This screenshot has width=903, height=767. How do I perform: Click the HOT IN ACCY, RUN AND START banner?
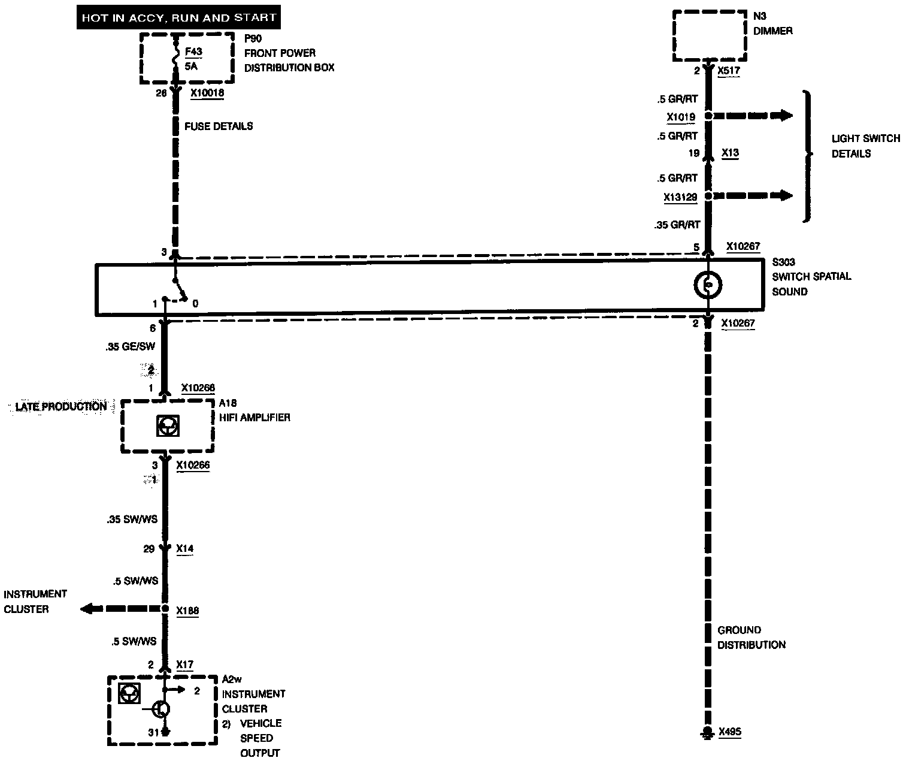(178, 17)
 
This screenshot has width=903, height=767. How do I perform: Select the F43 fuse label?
(193, 52)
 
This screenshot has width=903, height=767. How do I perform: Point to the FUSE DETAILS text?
(219, 126)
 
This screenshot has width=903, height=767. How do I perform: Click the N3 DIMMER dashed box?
(710, 35)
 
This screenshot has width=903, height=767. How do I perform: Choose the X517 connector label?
(729, 71)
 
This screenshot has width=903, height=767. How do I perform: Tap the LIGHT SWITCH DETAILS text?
(864, 146)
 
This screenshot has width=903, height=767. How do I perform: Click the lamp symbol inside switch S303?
(708, 286)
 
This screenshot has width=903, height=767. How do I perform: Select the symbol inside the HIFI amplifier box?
(167, 425)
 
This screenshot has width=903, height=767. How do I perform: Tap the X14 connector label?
(185, 549)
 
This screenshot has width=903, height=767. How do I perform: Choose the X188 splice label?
(187, 611)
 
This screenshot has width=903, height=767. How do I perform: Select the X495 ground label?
(730, 732)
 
